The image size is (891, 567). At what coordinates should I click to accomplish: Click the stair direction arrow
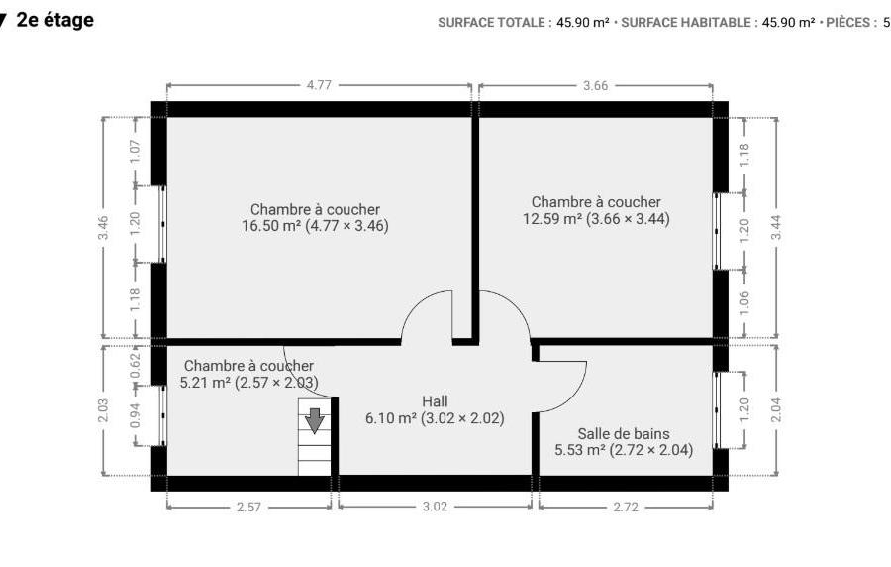[314, 421]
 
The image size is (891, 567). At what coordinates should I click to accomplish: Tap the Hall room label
[435, 401]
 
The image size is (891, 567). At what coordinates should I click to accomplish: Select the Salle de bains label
[624, 434]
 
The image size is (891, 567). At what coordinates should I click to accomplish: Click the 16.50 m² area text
[271, 226]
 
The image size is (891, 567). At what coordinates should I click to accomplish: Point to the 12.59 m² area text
[552, 219]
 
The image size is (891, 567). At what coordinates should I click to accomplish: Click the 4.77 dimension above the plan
[319, 85]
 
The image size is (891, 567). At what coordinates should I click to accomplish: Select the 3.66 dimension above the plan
[596, 86]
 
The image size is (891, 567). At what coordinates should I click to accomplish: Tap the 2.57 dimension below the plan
[248, 507]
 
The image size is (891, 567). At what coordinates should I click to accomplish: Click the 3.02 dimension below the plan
[435, 507]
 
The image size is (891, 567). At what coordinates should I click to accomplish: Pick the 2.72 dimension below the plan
[626, 507]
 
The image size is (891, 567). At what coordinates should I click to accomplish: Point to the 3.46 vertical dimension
[103, 227]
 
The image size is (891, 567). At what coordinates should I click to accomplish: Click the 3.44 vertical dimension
[776, 227]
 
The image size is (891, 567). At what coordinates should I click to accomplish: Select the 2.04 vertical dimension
[776, 409]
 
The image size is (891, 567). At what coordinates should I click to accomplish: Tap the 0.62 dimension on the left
[135, 366]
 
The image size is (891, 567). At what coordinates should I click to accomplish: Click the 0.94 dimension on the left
[135, 415]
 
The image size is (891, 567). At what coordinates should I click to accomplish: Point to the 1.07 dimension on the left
[135, 152]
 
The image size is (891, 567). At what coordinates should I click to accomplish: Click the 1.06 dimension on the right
[744, 303]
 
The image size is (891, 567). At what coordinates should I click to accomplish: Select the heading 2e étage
[55, 20]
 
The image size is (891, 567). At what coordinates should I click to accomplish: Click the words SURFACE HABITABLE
[686, 23]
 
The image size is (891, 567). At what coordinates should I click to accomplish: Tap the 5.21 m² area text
[205, 383]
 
